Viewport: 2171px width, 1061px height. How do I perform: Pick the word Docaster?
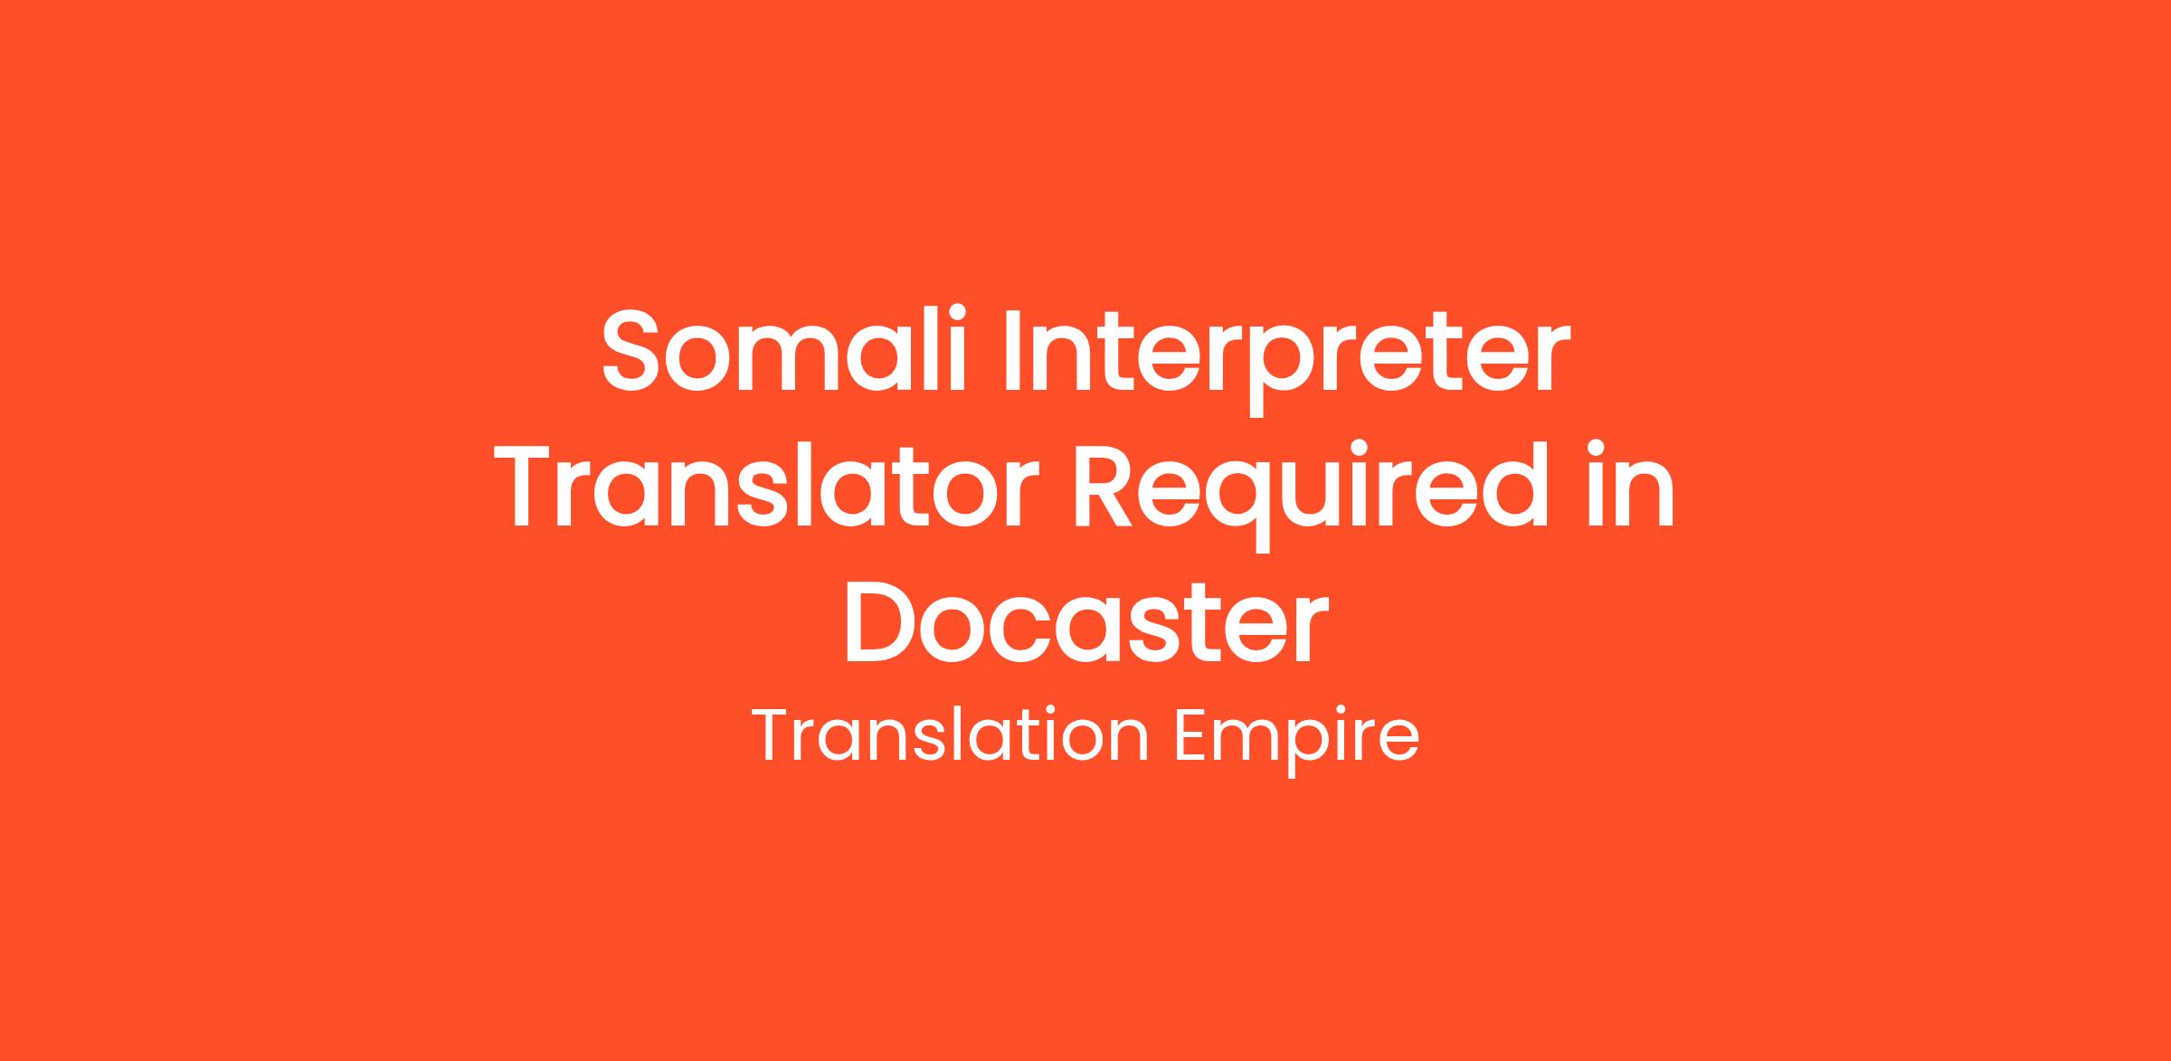point(1085,621)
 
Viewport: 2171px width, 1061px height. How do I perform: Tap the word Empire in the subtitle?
point(1296,742)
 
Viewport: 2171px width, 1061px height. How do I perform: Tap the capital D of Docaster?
point(881,621)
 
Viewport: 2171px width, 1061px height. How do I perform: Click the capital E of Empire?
point(1195,735)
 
